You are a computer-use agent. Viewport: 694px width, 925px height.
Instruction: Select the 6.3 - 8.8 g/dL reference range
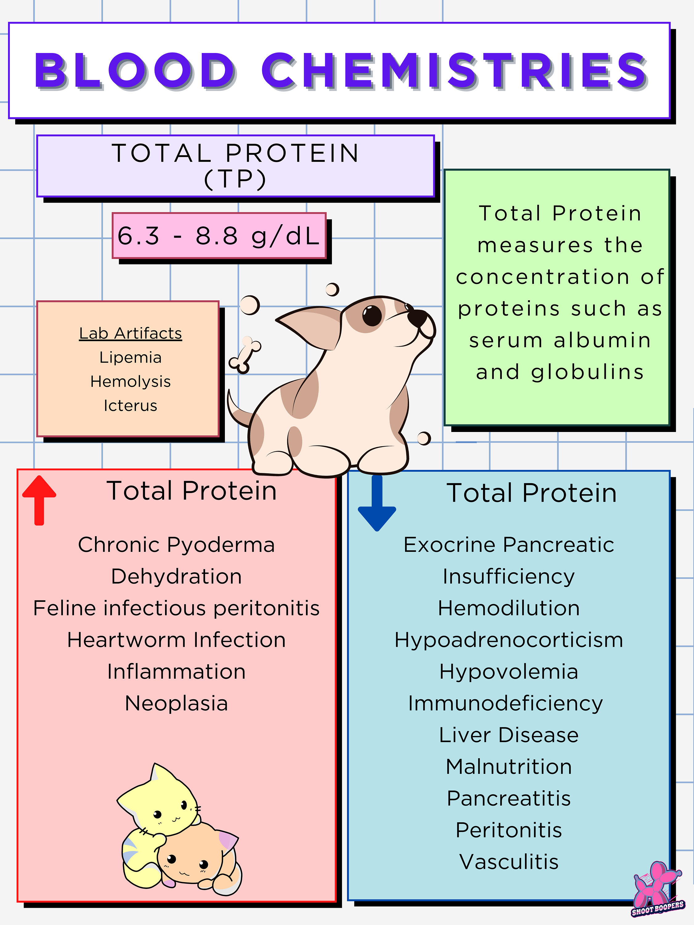click(219, 236)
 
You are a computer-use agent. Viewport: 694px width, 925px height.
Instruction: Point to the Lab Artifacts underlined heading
click(130, 333)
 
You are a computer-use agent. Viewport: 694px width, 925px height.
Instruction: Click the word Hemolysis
click(130, 381)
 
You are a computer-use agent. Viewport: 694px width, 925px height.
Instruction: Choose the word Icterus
click(130, 406)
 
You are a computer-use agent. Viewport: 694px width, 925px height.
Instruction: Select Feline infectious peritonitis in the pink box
click(176, 608)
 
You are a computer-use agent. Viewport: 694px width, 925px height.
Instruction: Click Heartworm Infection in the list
click(176, 640)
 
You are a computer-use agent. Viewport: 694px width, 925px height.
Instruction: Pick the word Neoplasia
click(176, 703)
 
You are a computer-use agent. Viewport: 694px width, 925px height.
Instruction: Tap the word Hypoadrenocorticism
click(509, 640)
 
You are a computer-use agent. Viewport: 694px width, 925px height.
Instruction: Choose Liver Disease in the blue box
click(509, 735)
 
